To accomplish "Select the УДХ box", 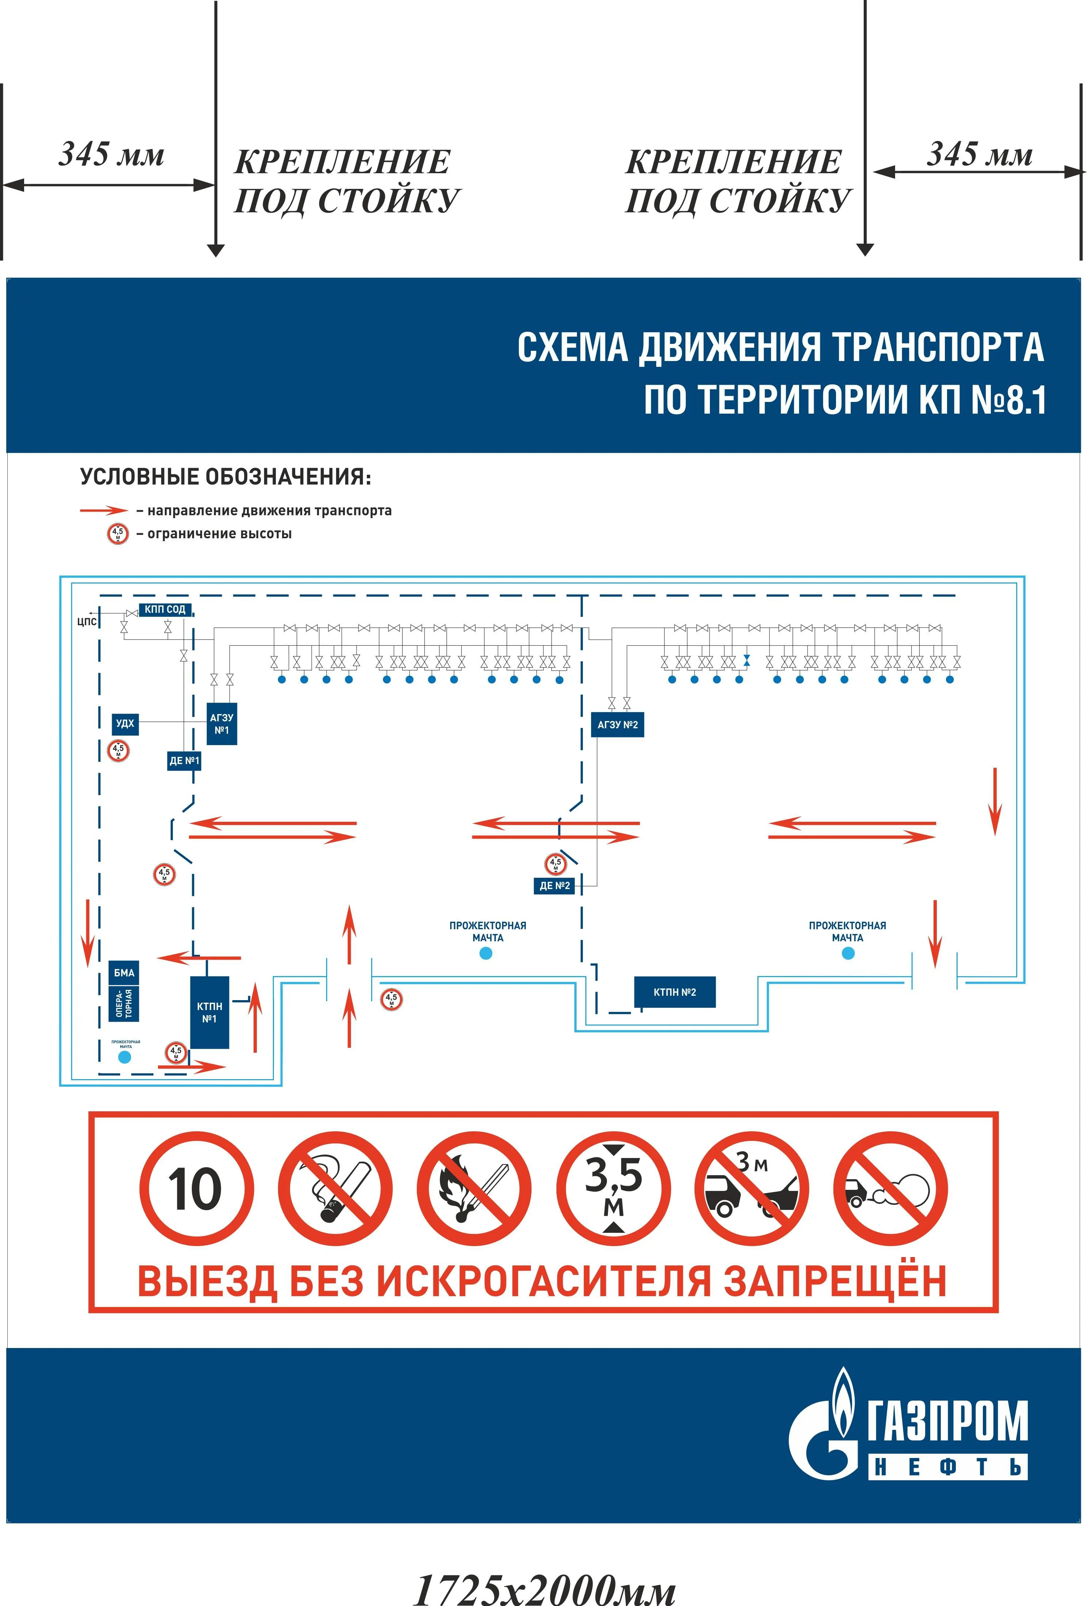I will pos(125,724).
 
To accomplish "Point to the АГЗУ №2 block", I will pos(617,725).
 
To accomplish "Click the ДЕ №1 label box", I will pos(184,761).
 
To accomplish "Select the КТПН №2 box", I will pos(674,992).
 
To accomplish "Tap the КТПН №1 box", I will pos(209,1013).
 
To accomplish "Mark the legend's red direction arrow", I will pos(104,511).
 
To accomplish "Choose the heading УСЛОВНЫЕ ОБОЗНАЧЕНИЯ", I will pos(225,477).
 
